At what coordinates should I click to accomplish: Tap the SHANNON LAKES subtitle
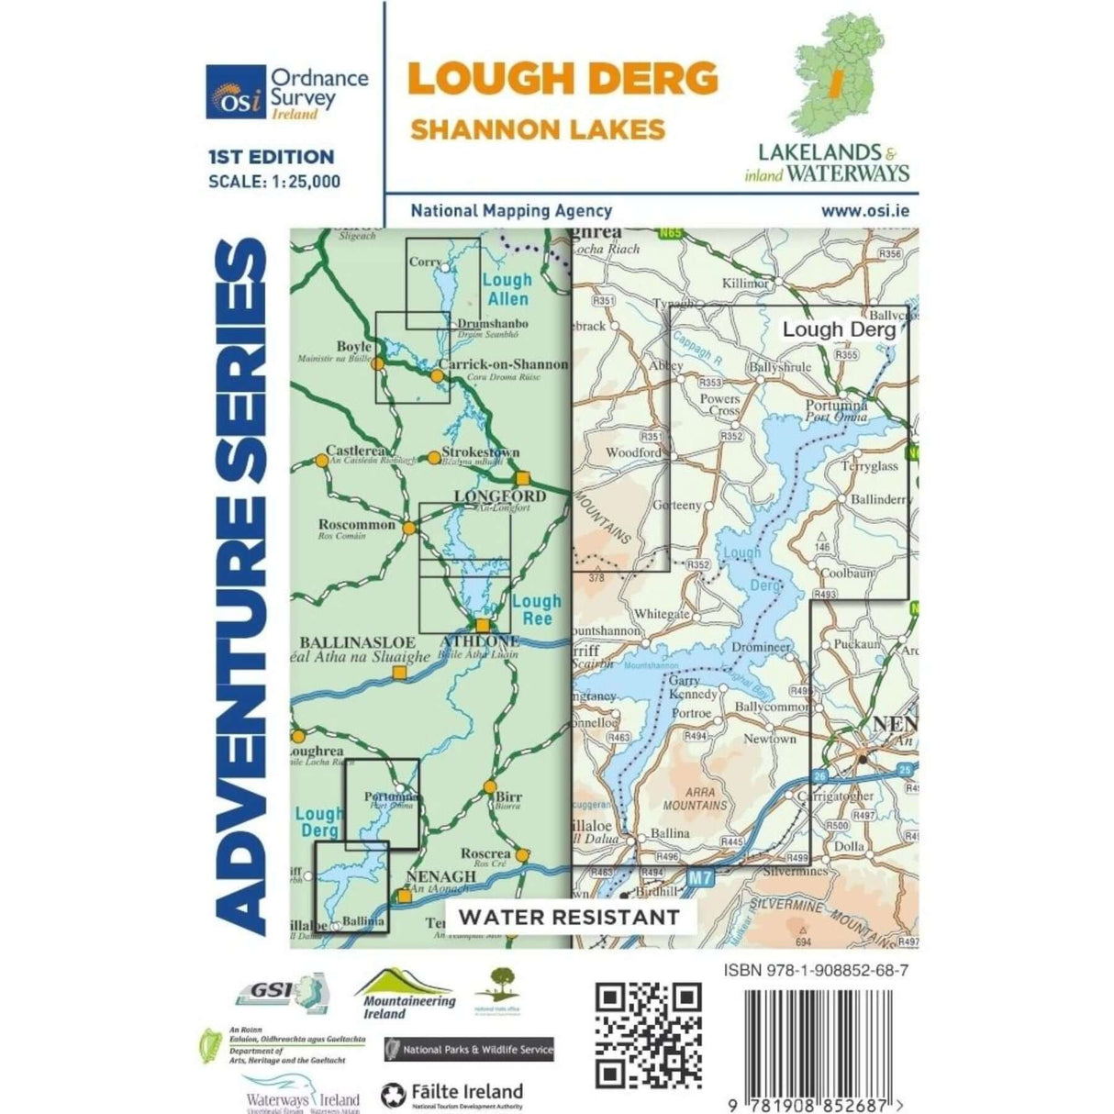click(x=537, y=128)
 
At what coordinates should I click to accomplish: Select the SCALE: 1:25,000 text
click(x=274, y=182)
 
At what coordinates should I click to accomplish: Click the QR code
click(x=649, y=1033)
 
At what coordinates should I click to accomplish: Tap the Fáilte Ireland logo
click(x=451, y=1094)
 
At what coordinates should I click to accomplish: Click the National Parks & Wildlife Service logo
click(x=469, y=1048)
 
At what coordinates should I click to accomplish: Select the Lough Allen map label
click(x=507, y=289)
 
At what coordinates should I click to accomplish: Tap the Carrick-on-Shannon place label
click(x=503, y=364)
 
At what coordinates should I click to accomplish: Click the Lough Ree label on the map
click(x=536, y=610)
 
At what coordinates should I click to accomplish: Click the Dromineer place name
click(x=762, y=647)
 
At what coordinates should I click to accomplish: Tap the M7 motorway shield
click(x=700, y=878)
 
